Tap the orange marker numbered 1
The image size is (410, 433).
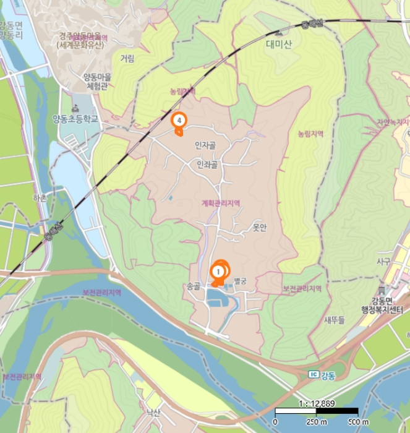coord(218,271)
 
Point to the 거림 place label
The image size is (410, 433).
coord(127,59)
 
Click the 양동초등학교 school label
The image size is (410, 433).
coord(75,118)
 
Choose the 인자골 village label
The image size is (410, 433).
coord(205,145)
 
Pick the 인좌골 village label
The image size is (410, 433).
coord(207,165)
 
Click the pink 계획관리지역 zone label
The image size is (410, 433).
coord(220,204)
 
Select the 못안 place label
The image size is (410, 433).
coord(259,227)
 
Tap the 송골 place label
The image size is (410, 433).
coord(194,286)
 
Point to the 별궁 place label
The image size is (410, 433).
coord(239,281)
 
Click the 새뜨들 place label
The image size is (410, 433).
coord(334,320)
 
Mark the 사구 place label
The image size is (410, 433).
coord(383,262)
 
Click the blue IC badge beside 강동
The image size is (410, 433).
coord(314,375)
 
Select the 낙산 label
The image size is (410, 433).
coord(152,412)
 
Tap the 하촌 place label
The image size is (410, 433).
coord(40,197)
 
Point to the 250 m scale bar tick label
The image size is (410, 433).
coord(316,422)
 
